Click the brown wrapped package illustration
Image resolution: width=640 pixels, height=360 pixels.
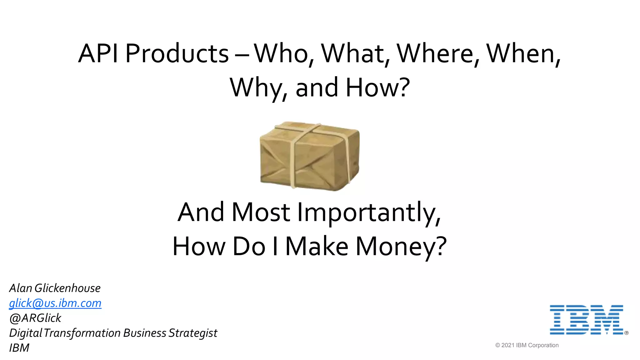(x=310, y=156)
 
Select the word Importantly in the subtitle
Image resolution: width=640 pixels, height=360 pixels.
(x=369, y=212)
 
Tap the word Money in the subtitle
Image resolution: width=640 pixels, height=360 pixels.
(x=401, y=246)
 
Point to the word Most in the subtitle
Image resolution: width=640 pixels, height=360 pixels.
(x=261, y=212)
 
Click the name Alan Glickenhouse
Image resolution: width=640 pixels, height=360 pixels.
(x=55, y=288)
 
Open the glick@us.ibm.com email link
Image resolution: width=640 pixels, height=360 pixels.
(x=55, y=303)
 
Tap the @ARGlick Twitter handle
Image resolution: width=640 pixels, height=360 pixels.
(x=35, y=318)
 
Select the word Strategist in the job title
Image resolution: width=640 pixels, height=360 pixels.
(x=193, y=333)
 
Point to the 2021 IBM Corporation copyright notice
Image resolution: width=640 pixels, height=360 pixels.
(x=527, y=345)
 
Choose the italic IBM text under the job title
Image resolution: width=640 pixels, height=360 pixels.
(x=19, y=348)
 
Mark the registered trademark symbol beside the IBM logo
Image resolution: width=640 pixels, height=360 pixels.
(x=626, y=333)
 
